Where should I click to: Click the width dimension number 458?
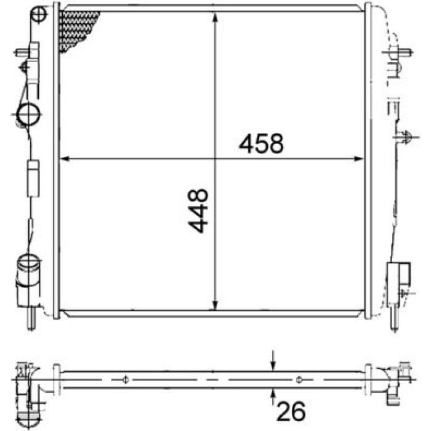261,143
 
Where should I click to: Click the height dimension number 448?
198,211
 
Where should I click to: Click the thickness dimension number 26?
291,411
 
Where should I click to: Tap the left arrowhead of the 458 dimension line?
65,159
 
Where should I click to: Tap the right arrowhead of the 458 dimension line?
358,159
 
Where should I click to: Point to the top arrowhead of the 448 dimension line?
216,17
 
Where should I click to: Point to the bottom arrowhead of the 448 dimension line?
216,305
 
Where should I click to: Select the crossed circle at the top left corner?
38,14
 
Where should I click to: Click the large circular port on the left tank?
28,114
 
